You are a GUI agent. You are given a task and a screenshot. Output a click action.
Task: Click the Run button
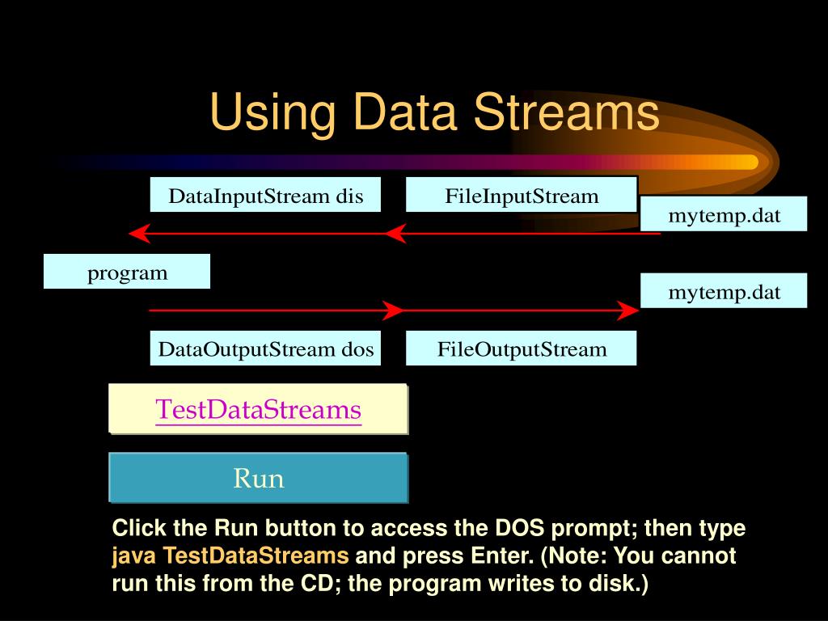(x=258, y=478)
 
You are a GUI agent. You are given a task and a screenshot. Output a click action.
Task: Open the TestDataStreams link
(x=258, y=409)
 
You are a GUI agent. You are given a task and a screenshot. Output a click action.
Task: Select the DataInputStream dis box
(x=265, y=196)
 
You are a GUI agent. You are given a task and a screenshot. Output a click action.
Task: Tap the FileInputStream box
(x=522, y=196)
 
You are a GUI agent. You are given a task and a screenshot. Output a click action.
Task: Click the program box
(x=127, y=272)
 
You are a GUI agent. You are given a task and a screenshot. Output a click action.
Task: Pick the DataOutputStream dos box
(x=265, y=349)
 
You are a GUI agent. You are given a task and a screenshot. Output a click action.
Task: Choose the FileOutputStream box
(x=522, y=349)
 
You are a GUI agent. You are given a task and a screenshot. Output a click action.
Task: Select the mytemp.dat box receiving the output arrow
(x=724, y=291)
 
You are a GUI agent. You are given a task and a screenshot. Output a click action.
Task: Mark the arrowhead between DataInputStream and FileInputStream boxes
(x=394, y=234)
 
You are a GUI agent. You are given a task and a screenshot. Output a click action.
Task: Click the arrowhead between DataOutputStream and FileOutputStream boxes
(x=394, y=310)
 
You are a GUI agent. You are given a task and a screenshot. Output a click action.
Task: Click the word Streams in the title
(x=566, y=112)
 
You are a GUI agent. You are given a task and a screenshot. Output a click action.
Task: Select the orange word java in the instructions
(x=134, y=556)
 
